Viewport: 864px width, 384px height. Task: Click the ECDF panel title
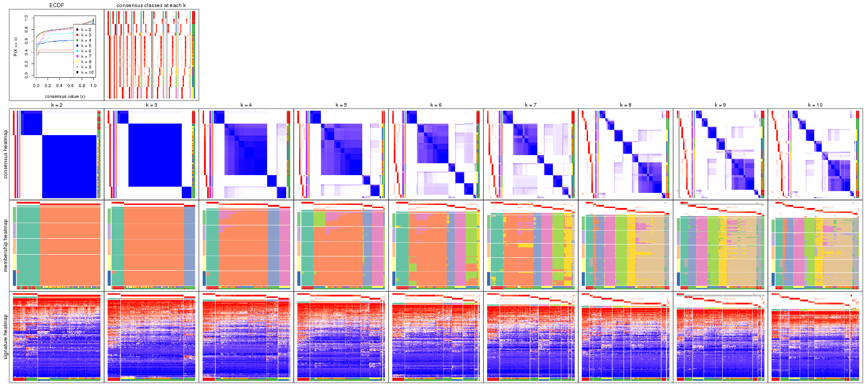click(x=56, y=5)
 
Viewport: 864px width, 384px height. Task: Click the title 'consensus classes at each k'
click(x=151, y=5)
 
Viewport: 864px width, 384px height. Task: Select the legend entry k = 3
click(x=86, y=35)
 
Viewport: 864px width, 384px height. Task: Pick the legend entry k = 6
click(x=86, y=51)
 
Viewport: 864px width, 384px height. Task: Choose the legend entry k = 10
click(x=87, y=72)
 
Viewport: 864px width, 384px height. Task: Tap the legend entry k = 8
click(x=86, y=62)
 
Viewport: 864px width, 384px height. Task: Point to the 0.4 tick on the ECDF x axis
click(x=59, y=86)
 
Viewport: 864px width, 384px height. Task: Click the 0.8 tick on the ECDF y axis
click(x=26, y=29)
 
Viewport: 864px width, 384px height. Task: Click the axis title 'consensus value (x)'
click(x=65, y=96)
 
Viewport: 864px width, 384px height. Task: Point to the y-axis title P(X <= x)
click(x=16, y=47)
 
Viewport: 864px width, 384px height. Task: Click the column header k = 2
click(x=56, y=105)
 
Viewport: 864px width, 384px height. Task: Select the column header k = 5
click(x=341, y=105)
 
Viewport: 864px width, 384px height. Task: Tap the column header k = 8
click(x=625, y=105)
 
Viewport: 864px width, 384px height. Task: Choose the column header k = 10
click(x=815, y=105)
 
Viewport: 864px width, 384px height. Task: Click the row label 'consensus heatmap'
click(x=6, y=154)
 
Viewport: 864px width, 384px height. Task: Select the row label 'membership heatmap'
click(x=6, y=245)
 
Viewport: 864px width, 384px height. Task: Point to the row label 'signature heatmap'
click(x=6, y=337)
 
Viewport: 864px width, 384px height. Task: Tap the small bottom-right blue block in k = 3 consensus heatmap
click(x=187, y=192)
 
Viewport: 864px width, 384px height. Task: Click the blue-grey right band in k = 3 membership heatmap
click(x=189, y=247)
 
